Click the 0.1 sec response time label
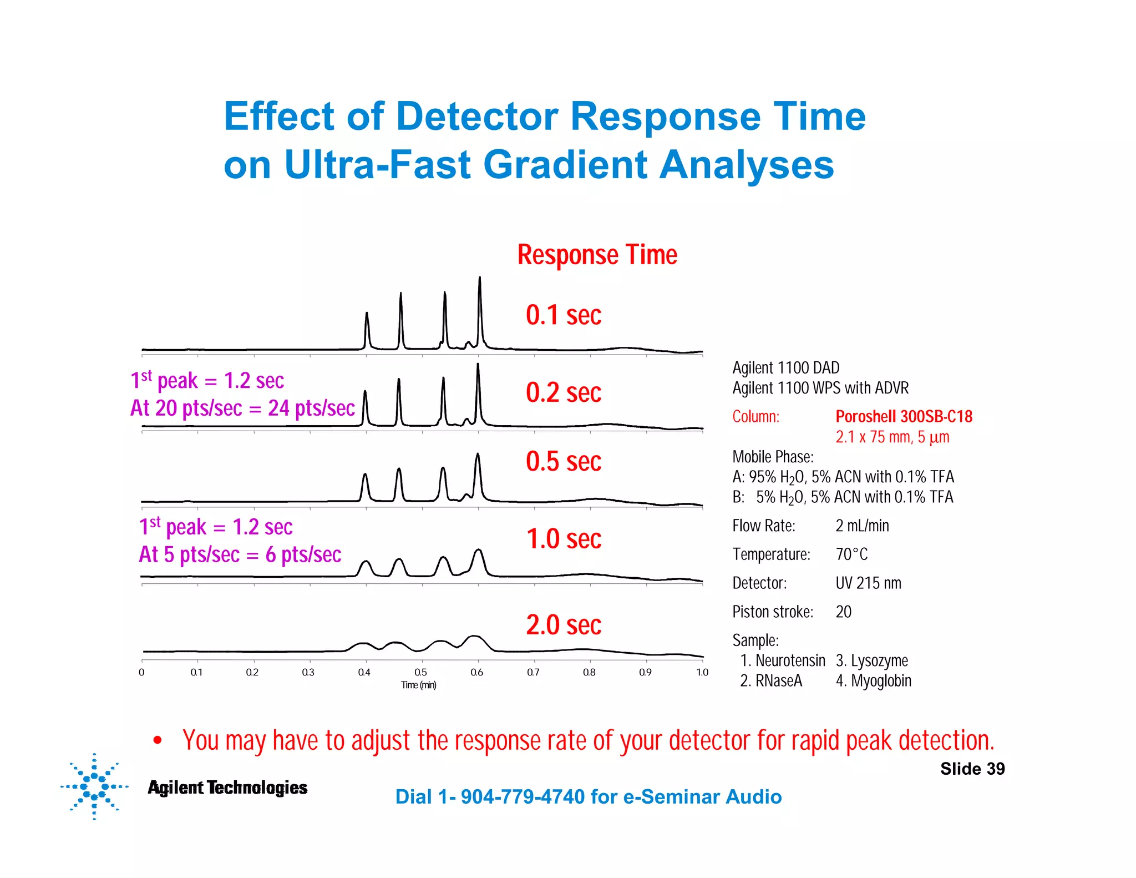click(563, 315)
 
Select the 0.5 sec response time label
click(563, 462)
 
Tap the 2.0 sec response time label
click(563, 625)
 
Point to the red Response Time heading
click(597, 255)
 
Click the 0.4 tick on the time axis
click(364, 673)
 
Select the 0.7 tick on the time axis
click(533, 673)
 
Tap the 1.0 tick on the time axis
click(702, 673)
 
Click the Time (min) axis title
click(419, 685)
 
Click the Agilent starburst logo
click(94, 786)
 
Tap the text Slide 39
click(972, 769)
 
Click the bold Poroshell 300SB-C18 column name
click(904, 416)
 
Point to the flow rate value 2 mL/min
click(862, 526)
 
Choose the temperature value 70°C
click(851, 554)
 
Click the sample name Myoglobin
click(881, 681)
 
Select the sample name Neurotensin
click(790, 661)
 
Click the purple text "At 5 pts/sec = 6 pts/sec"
click(240, 554)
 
